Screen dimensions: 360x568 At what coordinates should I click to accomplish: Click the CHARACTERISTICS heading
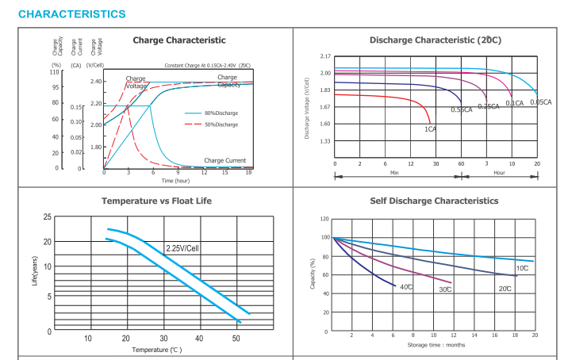point(71,14)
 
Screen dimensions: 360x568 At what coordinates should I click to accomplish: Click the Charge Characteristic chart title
point(179,40)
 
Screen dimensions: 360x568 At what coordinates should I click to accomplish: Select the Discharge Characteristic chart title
point(435,40)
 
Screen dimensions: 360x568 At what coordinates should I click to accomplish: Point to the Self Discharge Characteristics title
point(435,201)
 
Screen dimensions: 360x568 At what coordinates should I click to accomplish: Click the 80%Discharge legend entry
point(221,113)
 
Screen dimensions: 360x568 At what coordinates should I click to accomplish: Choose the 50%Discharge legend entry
point(221,124)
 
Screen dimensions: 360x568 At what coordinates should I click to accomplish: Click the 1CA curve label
point(430,128)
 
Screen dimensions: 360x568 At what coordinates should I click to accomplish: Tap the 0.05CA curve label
point(541,102)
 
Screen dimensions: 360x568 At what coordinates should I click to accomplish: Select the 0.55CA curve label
point(462,109)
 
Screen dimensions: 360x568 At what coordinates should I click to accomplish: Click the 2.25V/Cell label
point(182,248)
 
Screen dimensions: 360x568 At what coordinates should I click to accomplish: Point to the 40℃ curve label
point(405,286)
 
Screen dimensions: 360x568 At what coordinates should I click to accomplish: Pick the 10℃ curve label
point(523,269)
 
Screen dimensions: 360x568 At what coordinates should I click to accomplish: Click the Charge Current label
point(225,160)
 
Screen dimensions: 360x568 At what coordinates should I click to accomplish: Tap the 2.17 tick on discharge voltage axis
point(325,57)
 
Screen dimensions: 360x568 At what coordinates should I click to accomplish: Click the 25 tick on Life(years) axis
point(48,216)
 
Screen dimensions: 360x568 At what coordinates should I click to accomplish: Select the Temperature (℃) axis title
point(156,349)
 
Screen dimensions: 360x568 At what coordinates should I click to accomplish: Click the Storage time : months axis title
point(436,344)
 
